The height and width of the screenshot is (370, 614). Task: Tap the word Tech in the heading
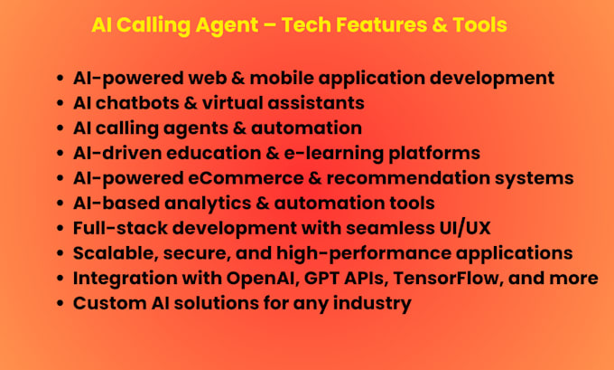coord(307,25)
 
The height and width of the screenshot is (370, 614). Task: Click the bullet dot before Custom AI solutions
coord(60,303)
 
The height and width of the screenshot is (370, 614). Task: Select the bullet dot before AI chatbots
coord(60,103)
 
